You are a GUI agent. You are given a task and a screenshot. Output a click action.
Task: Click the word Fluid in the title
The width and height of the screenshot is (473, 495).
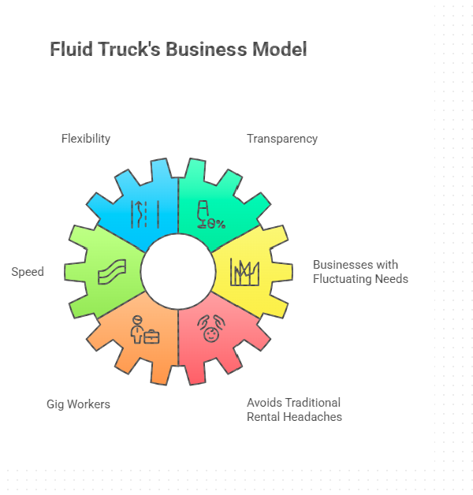tap(70, 50)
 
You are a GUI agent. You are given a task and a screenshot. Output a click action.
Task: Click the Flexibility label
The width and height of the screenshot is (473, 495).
tap(86, 139)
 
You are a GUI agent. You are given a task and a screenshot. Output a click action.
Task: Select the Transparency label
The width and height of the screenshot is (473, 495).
tap(282, 139)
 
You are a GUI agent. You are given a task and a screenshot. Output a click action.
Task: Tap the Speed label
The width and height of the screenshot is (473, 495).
tap(28, 272)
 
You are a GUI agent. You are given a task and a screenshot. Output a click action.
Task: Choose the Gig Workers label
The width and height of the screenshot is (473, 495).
tap(78, 404)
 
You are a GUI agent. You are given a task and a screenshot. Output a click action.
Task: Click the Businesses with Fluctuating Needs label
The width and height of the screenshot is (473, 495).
tap(360, 271)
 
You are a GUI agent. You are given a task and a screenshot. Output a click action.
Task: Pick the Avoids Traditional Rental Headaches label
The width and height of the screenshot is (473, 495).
tap(294, 409)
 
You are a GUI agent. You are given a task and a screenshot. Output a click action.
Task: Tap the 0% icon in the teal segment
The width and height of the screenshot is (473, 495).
tap(210, 214)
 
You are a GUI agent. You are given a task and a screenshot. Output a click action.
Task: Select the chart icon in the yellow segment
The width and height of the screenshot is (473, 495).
tap(245, 272)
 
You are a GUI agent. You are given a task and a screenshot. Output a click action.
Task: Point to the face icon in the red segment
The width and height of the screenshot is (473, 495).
tap(210, 329)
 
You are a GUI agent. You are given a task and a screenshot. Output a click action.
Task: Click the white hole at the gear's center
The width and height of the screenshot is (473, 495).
tap(178, 271)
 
